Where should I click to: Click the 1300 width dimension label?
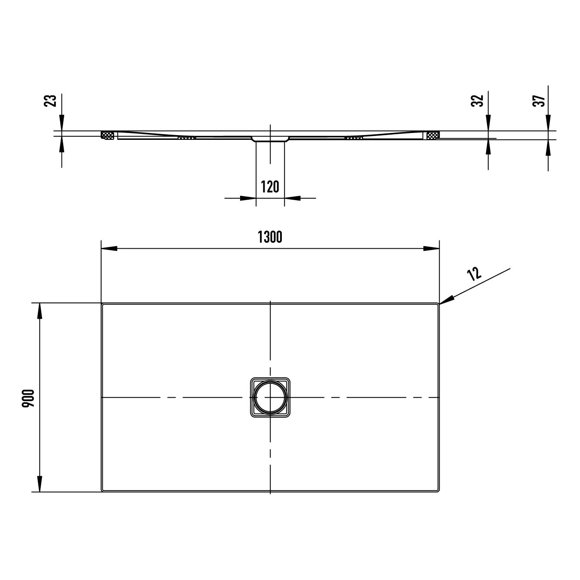pyautogui.click(x=270, y=237)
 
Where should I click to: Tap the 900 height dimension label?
pyautogui.click(x=28, y=398)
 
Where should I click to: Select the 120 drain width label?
pyautogui.click(x=270, y=187)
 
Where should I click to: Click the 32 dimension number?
pyautogui.click(x=477, y=101)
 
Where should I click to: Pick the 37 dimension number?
pyautogui.click(x=538, y=101)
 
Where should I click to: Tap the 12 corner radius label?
pyautogui.click(x=474, y=274)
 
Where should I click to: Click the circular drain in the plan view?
pyautogui.click(x=270, y=397)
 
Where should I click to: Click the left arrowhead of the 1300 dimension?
pyautogui.click(x=109, y=248)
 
